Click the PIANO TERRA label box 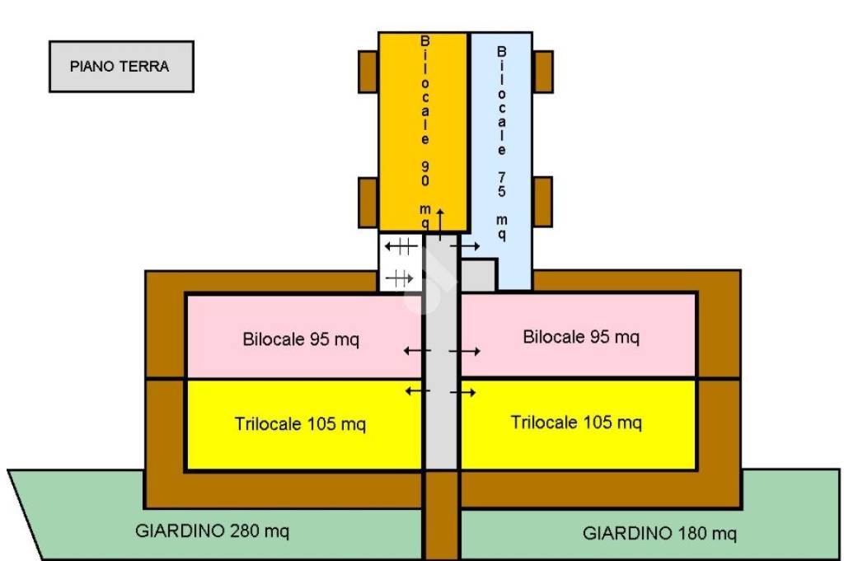(121, 67)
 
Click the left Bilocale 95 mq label (301, 339)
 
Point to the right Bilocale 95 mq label (580, 337)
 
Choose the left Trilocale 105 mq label (300, 425)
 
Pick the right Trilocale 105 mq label (575, 423)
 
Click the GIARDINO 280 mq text (212, 531)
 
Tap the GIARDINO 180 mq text (659, 533)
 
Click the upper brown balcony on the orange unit (368, 72)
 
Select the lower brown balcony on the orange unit (368, 202)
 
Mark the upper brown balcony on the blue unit (542, 72)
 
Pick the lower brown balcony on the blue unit (542, 202)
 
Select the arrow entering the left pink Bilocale (416, 351)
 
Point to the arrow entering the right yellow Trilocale (463, 392)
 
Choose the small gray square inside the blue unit (478, 274)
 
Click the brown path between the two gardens (441, 519)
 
